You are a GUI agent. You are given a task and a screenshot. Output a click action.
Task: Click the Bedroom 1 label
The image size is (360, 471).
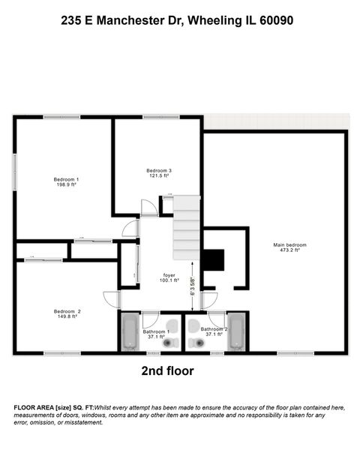pyautogui.click(x=66, y=179)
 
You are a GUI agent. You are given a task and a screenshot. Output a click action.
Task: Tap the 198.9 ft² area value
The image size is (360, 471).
pyautogui.click(x=66, y=185)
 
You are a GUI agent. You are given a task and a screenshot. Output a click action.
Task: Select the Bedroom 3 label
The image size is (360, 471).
pyautogui.click(x=158, y=171)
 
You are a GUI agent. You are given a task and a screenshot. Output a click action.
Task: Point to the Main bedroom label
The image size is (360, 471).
pyautogui.click(x=289, y=245)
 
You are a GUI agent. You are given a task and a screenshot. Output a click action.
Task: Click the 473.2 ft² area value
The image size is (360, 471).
pyautogui.click(x=289, y=251)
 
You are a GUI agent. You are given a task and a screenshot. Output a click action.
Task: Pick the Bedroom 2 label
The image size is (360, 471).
pyautogui.click(x=67, y=311)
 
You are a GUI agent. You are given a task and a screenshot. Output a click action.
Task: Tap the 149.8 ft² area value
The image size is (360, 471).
pyautogui.click(x=67, y=317)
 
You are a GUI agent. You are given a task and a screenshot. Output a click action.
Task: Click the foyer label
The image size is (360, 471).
pyautogui.click(x=169, y=275)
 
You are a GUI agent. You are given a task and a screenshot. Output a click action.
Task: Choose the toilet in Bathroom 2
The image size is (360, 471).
pyautogui.click(x=197, y=343)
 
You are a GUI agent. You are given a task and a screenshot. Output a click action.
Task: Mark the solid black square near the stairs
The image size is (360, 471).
pyautogui.click(x=214, y=259)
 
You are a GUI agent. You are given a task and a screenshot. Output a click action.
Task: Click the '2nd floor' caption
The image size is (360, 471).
pyautogui.click(x=167, y=370)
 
